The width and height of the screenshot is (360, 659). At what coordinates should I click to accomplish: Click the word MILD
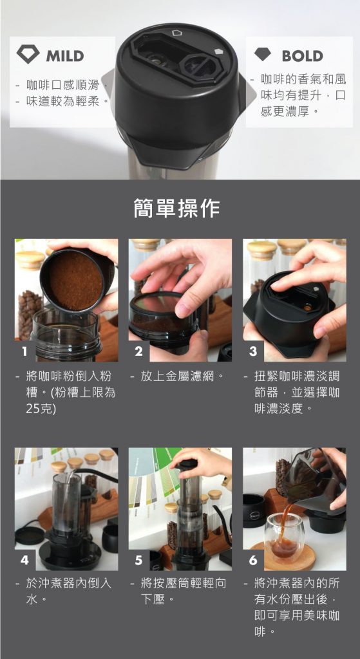click(65, 55)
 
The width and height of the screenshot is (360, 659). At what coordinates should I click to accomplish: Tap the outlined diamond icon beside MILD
click(28, 55)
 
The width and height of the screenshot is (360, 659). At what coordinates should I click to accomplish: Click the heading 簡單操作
click(177, 208)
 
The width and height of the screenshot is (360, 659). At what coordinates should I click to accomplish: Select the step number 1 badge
click(24, 351)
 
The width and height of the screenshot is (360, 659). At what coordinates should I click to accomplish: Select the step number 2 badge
click(138, 351)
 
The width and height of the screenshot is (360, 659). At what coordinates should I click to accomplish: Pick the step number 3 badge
click(252, 351)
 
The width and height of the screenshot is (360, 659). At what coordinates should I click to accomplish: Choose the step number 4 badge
click(24, 560)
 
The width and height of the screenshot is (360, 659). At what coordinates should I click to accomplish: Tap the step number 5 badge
click(138, 560)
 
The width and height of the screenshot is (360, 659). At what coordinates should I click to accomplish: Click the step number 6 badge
click(252, 560)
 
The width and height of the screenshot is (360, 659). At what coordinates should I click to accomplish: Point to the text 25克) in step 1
click(41, 409)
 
